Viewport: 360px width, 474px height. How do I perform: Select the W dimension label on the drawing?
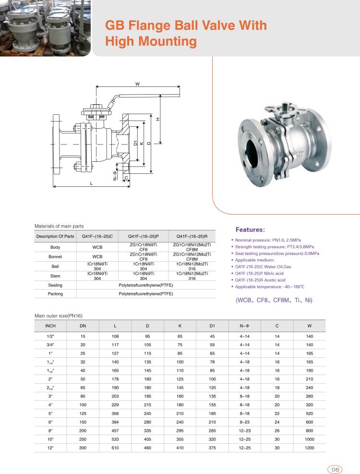click(x=137, y=84)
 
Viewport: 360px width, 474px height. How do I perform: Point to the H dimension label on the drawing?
click(x=157, y=119)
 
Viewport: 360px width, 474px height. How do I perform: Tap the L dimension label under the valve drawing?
click(x=91, y=183)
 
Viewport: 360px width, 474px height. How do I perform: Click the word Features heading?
click(x=250, y=230)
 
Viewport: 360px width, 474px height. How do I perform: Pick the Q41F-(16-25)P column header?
click(x=143, y=236)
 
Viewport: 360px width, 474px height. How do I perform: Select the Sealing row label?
click(x=55, y=285)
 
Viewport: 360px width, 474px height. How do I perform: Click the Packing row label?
click(x=55, y=293)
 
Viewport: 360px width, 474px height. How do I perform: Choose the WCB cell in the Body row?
click(x=97, y=247)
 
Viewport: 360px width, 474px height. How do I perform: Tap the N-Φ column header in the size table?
click(x=244, y=326)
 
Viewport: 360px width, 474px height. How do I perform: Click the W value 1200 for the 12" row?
click(x=309, y=447)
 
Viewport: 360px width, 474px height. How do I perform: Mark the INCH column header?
click(x=50, y=326)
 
